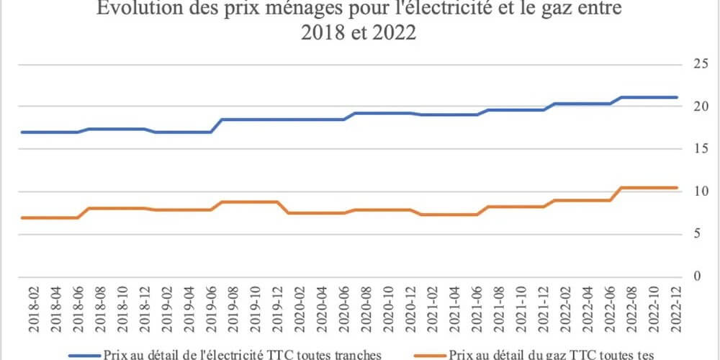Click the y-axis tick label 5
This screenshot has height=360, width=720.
click(696, 233)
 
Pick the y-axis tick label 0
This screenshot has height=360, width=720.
click(696, 276)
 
